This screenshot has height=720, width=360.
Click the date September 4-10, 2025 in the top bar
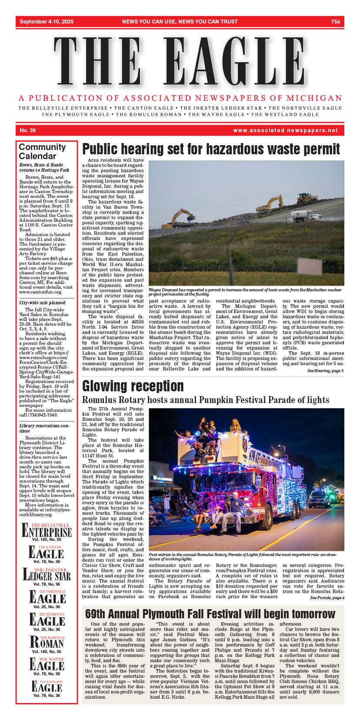47,22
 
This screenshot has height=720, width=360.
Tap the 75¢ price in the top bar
335,22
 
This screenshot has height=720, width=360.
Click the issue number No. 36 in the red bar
28,130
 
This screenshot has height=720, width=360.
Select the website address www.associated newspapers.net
285,130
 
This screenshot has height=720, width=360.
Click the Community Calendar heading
42,151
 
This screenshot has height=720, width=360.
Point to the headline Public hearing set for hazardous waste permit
211,149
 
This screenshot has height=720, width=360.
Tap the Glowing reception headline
133,386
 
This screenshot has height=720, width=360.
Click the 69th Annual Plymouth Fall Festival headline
210,614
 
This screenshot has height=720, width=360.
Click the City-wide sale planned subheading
42,303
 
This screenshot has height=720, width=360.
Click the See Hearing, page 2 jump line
325,371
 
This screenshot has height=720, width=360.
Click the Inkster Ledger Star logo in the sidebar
47,575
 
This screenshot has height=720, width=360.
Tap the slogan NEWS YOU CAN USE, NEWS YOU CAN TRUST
180,22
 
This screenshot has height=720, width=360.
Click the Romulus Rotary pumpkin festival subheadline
206,400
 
